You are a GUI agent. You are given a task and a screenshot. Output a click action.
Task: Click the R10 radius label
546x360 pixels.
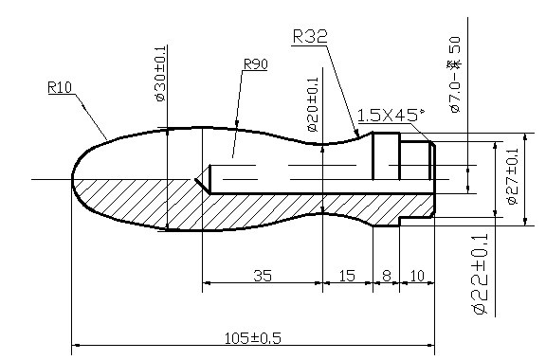coord(60,87)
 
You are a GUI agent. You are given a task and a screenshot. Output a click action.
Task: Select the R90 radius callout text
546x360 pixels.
coord(256,64)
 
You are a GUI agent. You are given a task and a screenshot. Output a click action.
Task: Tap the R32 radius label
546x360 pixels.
coord(310,36)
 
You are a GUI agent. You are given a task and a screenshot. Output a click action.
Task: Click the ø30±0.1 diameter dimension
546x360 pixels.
coord(160,74)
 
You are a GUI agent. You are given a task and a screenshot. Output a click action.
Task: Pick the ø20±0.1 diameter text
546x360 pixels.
coord(313,104)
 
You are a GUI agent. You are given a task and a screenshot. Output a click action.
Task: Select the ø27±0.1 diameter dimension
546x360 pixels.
coord(513,176)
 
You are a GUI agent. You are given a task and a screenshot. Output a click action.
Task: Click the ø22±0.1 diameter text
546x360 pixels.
coord(481,274)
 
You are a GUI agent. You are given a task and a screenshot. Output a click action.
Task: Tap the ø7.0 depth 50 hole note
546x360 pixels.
coord(455,75)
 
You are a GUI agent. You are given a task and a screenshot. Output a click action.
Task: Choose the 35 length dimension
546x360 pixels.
coord(263,276)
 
